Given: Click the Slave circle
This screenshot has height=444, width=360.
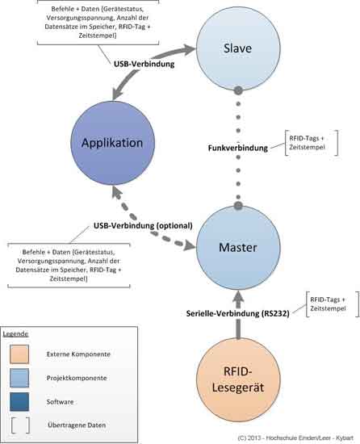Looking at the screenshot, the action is point(238,48).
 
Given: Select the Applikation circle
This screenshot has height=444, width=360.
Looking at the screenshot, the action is point(113,143).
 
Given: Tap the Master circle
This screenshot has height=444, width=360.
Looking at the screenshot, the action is point(238,248).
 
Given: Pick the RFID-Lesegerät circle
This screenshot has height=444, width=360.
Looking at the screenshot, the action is point(238,379).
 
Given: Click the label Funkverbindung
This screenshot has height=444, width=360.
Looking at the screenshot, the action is point(238,148).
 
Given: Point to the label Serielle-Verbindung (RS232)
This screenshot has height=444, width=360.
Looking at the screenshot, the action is point(238,313).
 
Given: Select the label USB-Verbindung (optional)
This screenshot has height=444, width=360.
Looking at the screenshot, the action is point(143,226).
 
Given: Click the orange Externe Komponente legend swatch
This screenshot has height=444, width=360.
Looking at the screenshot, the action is point(19,354).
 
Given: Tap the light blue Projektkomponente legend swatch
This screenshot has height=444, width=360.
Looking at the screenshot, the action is point(19,378).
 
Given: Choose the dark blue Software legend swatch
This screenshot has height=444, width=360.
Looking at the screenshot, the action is point(19,401).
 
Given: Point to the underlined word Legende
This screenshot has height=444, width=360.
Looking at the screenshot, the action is point(15,334).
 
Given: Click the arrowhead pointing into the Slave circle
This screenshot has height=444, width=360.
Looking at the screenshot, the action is point(189,49).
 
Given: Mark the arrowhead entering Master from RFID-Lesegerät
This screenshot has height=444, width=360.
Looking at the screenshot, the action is point(238,296).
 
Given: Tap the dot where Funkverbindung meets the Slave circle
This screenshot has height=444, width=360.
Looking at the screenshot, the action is point(238,90).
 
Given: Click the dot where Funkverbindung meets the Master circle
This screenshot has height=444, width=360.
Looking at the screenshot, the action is point(238,206).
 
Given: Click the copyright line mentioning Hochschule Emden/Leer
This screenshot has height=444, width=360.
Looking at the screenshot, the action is point(295,438).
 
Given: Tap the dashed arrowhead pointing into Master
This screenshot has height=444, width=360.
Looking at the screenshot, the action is point(190,245).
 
